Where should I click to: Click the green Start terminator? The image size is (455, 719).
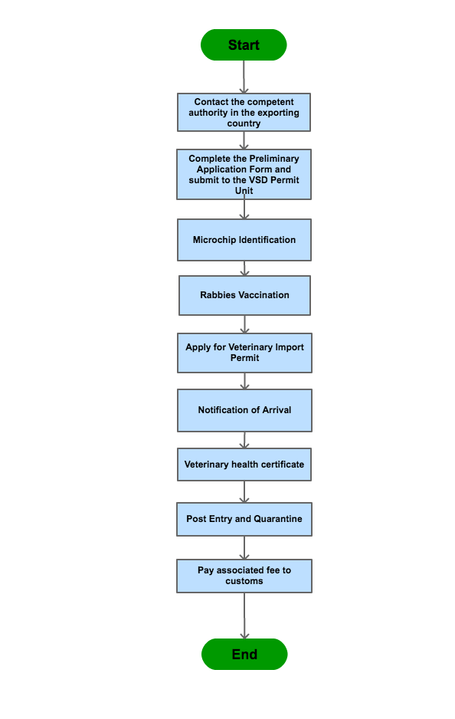click(244, 45)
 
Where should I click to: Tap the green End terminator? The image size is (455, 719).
click(244, 654)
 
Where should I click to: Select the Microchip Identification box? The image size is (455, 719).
click(244, 240)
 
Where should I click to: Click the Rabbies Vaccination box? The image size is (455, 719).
click(244, 295)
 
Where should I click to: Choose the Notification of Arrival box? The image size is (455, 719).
click(244, 410)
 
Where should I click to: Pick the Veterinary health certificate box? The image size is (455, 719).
click(244, 465)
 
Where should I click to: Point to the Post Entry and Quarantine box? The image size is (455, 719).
click(244, 519)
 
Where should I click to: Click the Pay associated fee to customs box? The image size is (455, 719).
click(244, 576)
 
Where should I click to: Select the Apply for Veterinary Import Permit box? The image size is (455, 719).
click(244, 353)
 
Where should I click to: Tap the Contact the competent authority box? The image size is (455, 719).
click(244, 113)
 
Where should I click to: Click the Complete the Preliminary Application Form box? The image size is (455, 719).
click(244, 174)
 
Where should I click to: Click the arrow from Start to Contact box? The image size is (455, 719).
click(244, 77)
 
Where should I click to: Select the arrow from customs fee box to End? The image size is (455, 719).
click(244, 616)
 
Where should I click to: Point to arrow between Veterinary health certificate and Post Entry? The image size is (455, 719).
click(244, 492)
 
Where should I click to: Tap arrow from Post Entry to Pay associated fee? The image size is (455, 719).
click(244, 548)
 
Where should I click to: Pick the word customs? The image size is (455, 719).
click(244, 581)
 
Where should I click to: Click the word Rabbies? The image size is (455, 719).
click(218, 295)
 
